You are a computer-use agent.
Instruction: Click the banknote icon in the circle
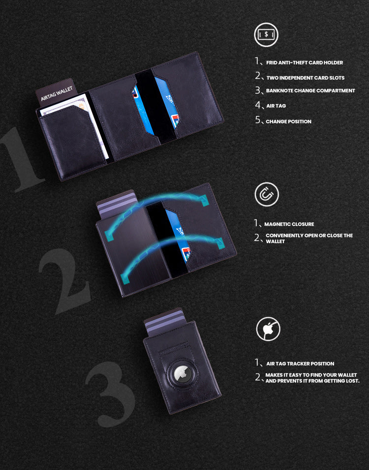pos(266,35)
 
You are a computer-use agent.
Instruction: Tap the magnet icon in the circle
pos(267,194)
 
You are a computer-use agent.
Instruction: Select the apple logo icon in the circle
pos(268,329)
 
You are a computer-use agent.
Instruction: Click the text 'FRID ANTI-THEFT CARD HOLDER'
pos(304,63)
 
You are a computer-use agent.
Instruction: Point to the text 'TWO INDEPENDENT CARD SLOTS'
pos(305,78)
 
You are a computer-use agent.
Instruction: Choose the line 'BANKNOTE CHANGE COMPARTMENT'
pos(310,91)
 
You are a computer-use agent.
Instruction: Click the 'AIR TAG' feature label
pos(276,106)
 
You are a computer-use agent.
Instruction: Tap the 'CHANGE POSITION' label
pos(288,121)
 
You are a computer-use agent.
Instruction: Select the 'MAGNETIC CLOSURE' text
pos(289,224)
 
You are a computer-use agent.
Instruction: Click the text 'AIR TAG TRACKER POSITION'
pos(300,364)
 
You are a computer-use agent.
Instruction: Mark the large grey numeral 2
pos(64,280)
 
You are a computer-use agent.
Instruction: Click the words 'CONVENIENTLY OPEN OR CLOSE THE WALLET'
pos(309,238)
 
